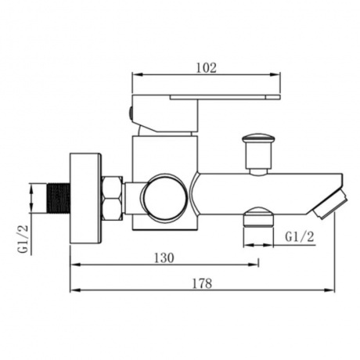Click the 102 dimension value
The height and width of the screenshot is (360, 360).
[x=206, y=68]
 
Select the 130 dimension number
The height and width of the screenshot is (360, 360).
[x=164, y=258]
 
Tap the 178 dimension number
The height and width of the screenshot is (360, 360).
[x=202, y=283]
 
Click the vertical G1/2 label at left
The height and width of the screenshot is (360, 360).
[x=23, y=239]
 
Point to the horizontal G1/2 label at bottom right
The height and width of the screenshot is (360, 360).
[x=300, y=237]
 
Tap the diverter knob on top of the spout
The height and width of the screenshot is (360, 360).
[x=257, y=154]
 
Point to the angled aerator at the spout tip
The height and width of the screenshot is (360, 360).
[x=330, y=203]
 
